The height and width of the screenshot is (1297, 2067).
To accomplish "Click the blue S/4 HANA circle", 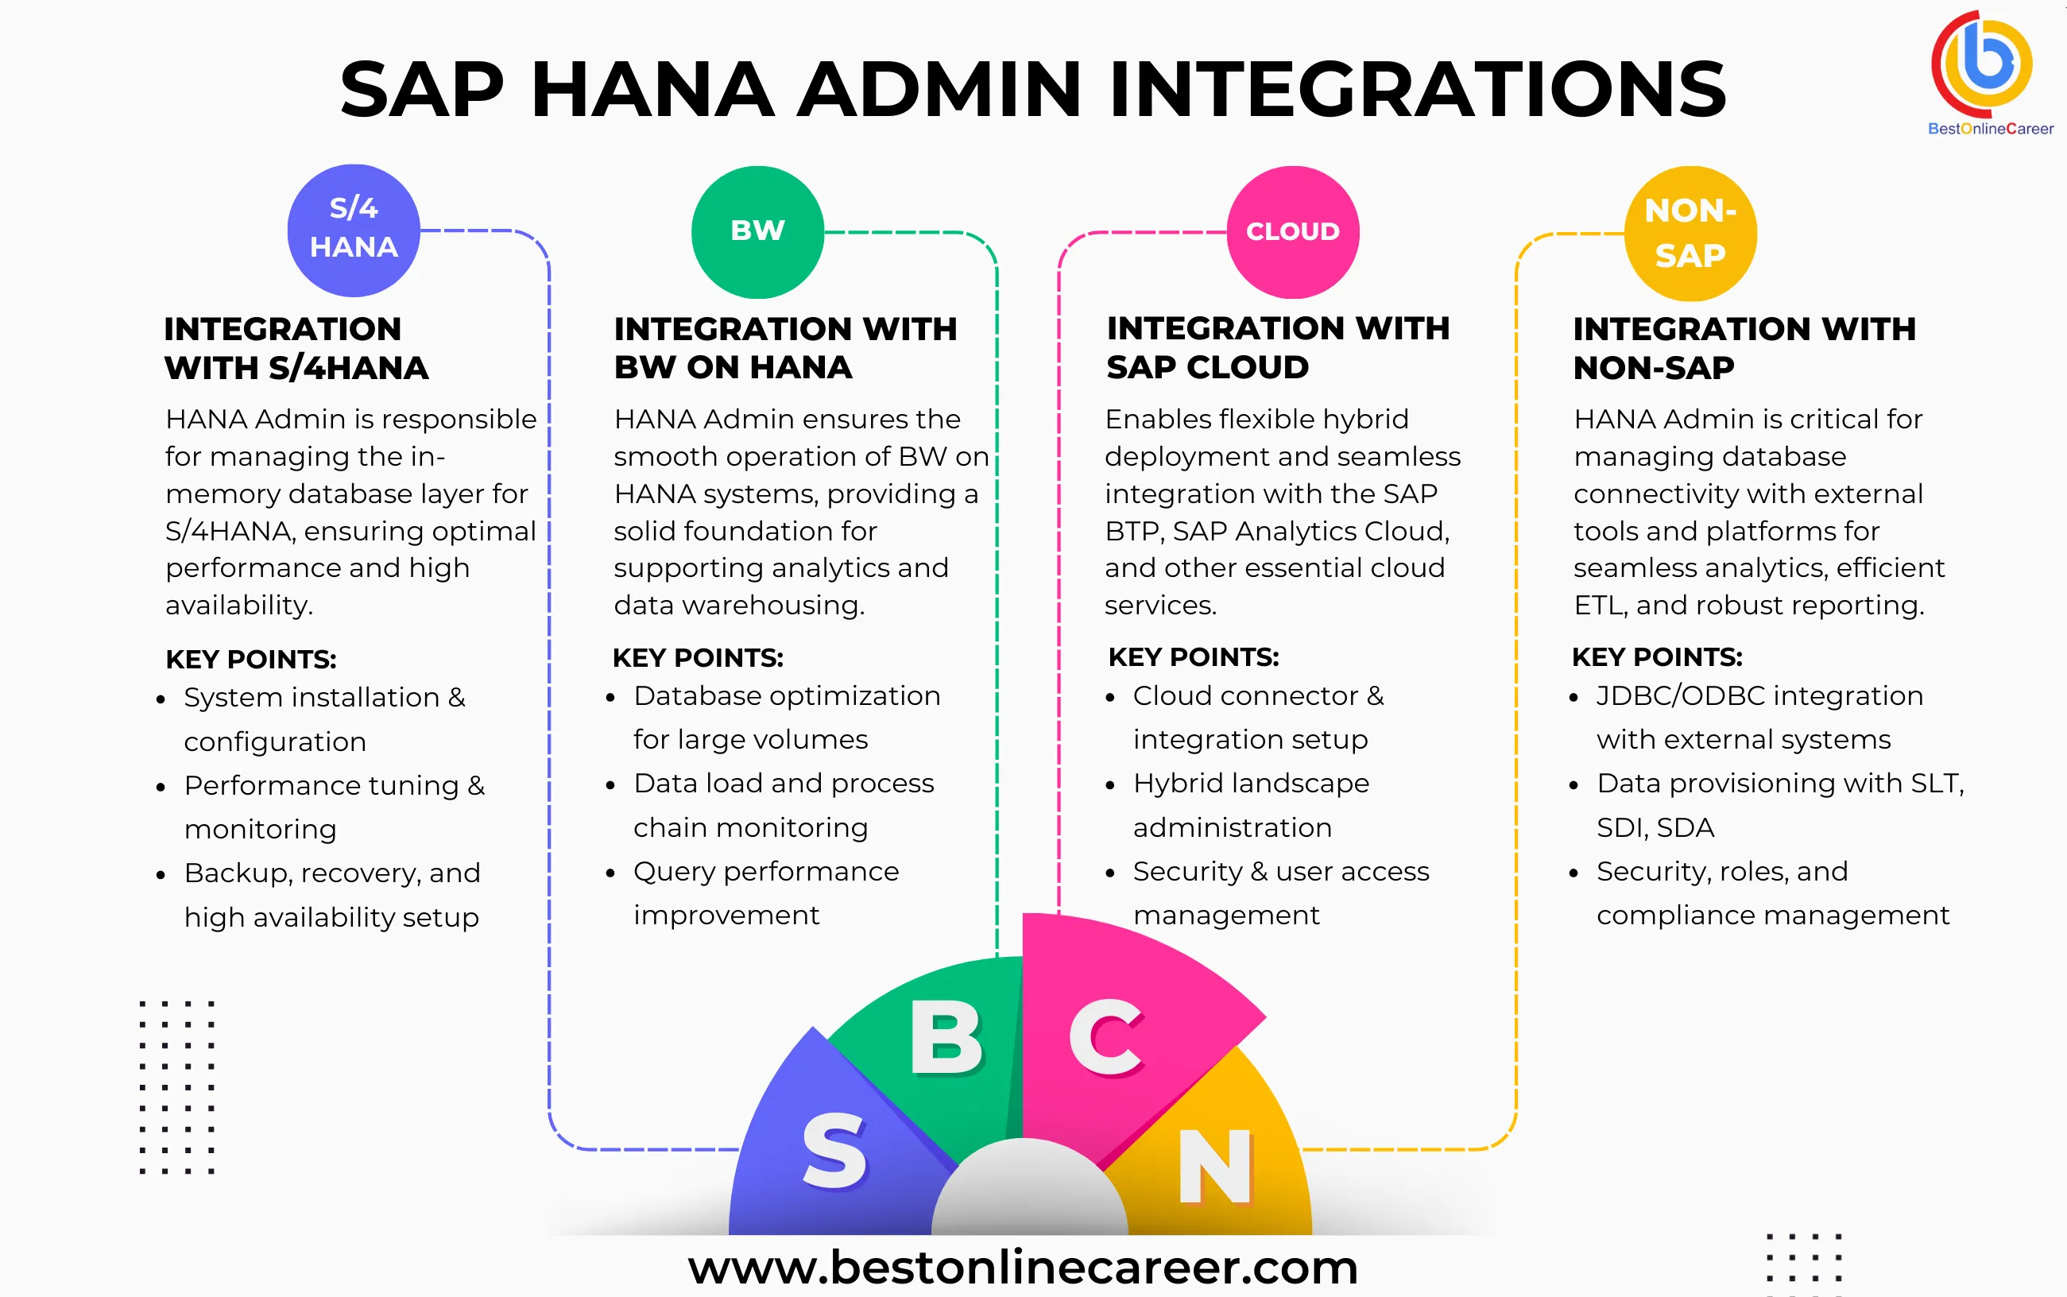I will [x=354, y=230].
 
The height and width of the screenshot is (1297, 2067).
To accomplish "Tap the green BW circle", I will [x=757, y=231].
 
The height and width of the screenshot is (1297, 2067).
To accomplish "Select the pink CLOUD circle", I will [x=1292, y=231].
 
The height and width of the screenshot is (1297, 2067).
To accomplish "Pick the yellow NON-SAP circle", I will [x=1690, y=234].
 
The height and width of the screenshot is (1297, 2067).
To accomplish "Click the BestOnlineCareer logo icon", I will [x=1982, y=64].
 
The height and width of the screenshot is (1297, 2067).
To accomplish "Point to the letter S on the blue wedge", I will [x=834, y=1152].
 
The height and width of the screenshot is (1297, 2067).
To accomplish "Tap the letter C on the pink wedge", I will [x=1105, y=1038].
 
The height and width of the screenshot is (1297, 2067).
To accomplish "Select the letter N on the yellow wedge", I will [x=1215, y=1167].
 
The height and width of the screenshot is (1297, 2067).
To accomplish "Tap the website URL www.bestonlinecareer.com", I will [x=1022, y=1267].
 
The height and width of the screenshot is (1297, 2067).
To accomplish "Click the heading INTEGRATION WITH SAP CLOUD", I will [x=1277, y=347].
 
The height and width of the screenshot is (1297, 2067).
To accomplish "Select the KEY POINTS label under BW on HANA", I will [x=697, y=658].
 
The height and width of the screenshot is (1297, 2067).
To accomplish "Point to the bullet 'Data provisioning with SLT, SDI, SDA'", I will [x=1779, y=804].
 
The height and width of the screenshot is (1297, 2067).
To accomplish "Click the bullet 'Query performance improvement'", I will [x=765, y=893].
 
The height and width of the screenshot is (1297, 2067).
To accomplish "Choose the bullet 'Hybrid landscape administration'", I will [x=1251, y=804].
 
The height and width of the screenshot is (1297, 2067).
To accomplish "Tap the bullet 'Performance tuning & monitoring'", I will [x=334, y=807].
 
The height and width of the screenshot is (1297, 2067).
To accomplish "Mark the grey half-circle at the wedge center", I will [x=1029, y=1192].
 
